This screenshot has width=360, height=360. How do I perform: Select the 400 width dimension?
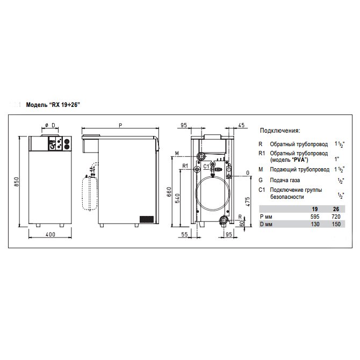point(51,235)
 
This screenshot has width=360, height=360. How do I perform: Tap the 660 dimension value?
point(169,191)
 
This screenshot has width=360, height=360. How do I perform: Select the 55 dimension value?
point(184,235)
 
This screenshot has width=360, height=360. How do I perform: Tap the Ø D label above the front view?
point(50,125)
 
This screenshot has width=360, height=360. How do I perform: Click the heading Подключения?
point(280,131)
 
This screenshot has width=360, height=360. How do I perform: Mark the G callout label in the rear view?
point(247,172)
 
